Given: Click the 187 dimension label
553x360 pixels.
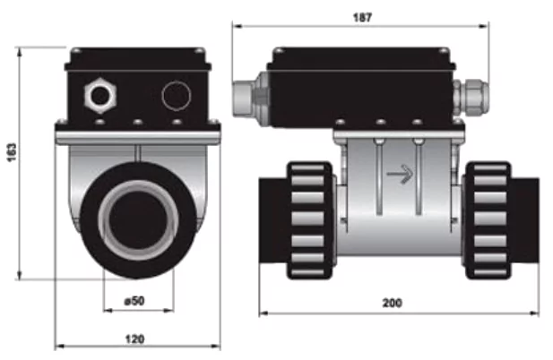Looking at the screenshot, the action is [362, 18].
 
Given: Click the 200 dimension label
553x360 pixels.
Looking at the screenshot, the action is [392, 303].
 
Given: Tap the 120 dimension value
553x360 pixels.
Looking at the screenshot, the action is [134, 339].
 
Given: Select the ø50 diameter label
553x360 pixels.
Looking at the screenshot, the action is [134, 301].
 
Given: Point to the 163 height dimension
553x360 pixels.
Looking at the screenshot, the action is [12, 152].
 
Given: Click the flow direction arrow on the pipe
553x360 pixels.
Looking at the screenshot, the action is [400, 174].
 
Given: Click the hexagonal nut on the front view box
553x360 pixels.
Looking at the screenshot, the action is [100, 96].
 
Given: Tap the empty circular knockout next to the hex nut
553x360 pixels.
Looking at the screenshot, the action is [177, 96].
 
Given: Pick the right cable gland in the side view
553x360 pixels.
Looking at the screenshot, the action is [471, 98].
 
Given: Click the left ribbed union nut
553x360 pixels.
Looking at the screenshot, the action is [309, 220].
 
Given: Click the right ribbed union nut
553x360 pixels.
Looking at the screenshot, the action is [488, 220].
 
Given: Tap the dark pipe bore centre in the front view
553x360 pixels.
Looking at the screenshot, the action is [138, 220].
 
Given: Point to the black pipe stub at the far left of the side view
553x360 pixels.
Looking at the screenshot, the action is [273, 221].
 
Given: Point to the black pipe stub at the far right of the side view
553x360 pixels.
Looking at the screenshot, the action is [525, 221].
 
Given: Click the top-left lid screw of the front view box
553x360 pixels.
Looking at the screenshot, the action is [76, 51].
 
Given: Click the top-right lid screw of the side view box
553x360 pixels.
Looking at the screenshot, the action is [443, 51].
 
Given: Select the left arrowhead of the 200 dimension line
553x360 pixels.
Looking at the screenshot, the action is [264, 313].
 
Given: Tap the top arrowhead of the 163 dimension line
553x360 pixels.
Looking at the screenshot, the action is [20, 52].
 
